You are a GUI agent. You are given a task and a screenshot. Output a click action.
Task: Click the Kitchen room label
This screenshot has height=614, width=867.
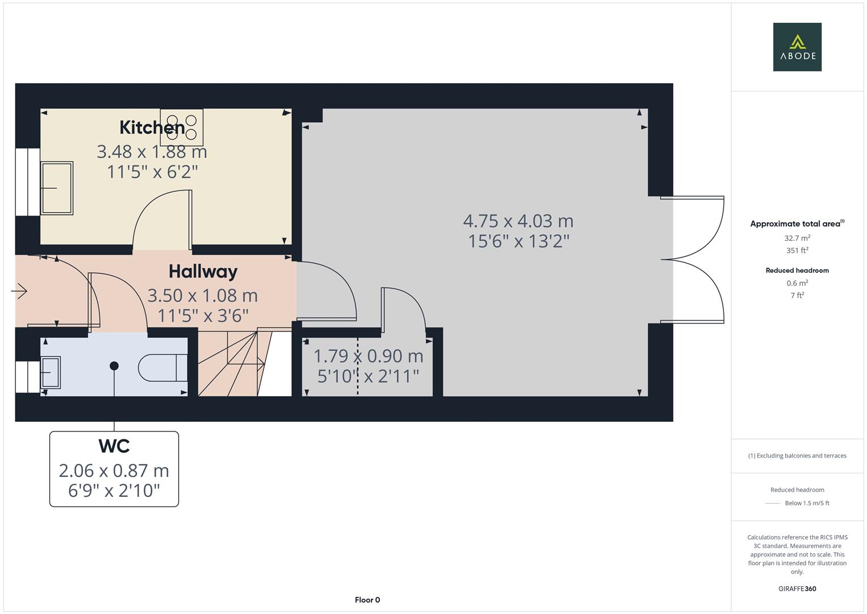tap(152, 127)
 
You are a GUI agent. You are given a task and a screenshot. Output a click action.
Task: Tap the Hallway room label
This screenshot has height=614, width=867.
tap(203, 272)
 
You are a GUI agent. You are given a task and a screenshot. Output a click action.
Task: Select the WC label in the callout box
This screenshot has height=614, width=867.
tap(114, 446)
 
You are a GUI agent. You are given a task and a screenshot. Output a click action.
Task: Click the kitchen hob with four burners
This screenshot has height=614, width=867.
tap(182, 127)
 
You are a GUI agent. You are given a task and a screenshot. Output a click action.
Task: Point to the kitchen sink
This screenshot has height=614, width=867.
tap(57, 188)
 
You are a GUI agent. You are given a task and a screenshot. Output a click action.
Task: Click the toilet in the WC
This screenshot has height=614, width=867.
tap(163, 368)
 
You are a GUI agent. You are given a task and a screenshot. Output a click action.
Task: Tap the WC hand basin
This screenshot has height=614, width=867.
tap(51, 372)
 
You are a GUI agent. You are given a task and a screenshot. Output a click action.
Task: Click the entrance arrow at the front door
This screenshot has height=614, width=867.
tap(19, 291)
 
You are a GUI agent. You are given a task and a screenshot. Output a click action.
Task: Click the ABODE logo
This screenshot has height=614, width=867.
tap(797, 47)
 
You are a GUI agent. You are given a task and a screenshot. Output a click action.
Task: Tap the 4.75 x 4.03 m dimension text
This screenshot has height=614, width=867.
tap(518, 221)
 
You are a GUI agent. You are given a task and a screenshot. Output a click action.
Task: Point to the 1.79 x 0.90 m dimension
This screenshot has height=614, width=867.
tap(368, 356)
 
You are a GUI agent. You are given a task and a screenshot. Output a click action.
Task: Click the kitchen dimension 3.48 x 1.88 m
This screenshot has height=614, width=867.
tap(152, 152)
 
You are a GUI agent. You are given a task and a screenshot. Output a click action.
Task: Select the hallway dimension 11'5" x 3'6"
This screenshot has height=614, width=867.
tap(203, 316)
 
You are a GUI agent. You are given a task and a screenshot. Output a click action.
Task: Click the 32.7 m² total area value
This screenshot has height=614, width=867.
tap(797, 238)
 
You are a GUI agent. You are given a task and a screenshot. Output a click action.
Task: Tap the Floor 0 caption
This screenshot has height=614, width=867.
tap(367, 600)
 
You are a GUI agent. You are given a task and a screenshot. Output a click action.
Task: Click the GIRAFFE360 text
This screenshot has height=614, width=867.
tap(797, 589)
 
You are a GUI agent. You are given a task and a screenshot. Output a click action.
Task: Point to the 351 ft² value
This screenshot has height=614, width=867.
tap(797, 250)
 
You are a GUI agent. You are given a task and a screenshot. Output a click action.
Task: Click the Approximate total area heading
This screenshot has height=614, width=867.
tap(797, 223)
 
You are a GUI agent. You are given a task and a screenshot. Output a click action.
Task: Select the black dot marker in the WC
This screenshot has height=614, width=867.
tap(114, 366)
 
